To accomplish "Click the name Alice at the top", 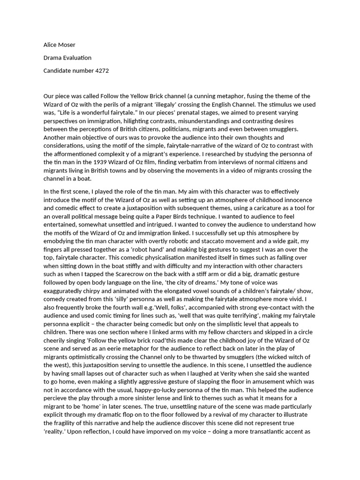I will pos(51,45).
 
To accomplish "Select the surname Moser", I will pos(67,45).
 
